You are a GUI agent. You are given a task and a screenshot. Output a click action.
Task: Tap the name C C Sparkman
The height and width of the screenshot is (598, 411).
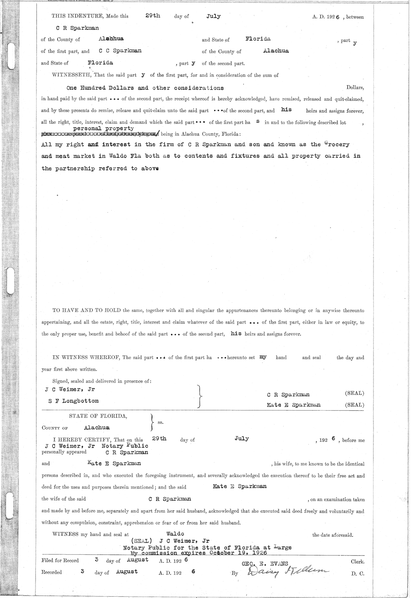(x=120, y=51)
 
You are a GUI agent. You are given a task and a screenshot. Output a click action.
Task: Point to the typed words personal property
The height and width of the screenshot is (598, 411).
(x=103, y=128)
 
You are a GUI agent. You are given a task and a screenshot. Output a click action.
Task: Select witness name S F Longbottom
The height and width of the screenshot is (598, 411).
(x=74, y=401)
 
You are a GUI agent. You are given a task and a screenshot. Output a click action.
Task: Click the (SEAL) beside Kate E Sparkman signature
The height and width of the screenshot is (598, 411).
(x=354, y=405)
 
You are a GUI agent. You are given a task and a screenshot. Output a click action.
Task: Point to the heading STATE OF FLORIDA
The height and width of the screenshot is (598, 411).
(x=98, y=416)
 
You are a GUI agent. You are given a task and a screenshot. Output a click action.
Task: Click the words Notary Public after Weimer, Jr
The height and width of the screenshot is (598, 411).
(x=125, y=446)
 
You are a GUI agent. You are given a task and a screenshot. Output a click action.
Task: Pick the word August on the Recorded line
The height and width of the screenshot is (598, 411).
(x=127, y=572)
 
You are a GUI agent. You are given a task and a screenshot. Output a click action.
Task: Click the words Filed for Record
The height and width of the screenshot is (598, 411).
(x=60, y=561)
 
